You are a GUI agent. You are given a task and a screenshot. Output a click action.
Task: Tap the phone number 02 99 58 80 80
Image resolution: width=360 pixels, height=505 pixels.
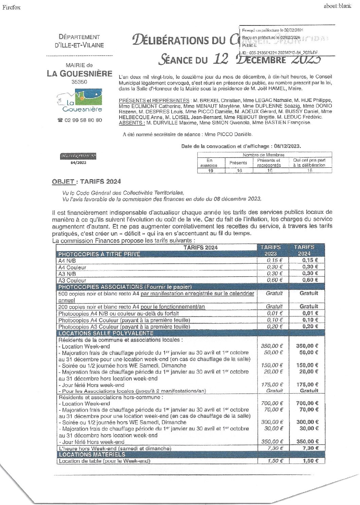tap(80, 120)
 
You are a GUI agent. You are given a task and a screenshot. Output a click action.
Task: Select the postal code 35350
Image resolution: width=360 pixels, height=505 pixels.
tap(79, 82)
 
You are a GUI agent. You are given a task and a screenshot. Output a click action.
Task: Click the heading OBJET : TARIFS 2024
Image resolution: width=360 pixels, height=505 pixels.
tap(86, 182)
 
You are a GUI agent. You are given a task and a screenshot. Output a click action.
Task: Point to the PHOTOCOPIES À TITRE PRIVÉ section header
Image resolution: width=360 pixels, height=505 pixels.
tap(99, 254)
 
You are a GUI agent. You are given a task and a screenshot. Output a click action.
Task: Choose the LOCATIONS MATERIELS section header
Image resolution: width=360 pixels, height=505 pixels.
tap(92, 454)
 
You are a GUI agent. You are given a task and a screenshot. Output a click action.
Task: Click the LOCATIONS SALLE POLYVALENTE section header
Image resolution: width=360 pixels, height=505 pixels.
tap(106, 333)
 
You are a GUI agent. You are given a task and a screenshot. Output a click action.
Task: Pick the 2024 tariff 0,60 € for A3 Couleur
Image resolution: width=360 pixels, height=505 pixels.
tap(310, 280)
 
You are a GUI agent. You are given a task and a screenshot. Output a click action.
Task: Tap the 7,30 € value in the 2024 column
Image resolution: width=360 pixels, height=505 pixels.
tap(310, 448)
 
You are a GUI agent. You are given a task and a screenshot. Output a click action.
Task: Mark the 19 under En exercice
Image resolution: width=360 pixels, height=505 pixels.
tap(211, 171)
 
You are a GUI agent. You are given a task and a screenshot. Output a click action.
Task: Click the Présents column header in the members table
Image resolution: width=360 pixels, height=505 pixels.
tap(238, 163)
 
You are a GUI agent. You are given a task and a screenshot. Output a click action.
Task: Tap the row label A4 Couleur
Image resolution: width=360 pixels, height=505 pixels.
tap(72, 267)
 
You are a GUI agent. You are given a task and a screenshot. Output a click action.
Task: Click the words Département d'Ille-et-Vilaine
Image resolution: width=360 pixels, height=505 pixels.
tap(79, 41)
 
